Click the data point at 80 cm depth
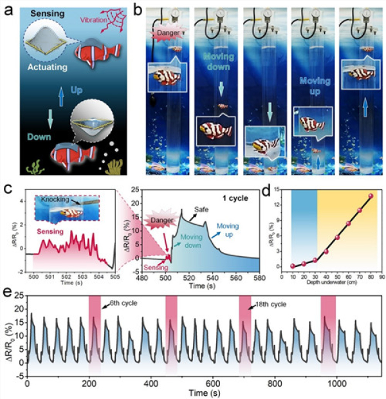[x=371, y=196]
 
